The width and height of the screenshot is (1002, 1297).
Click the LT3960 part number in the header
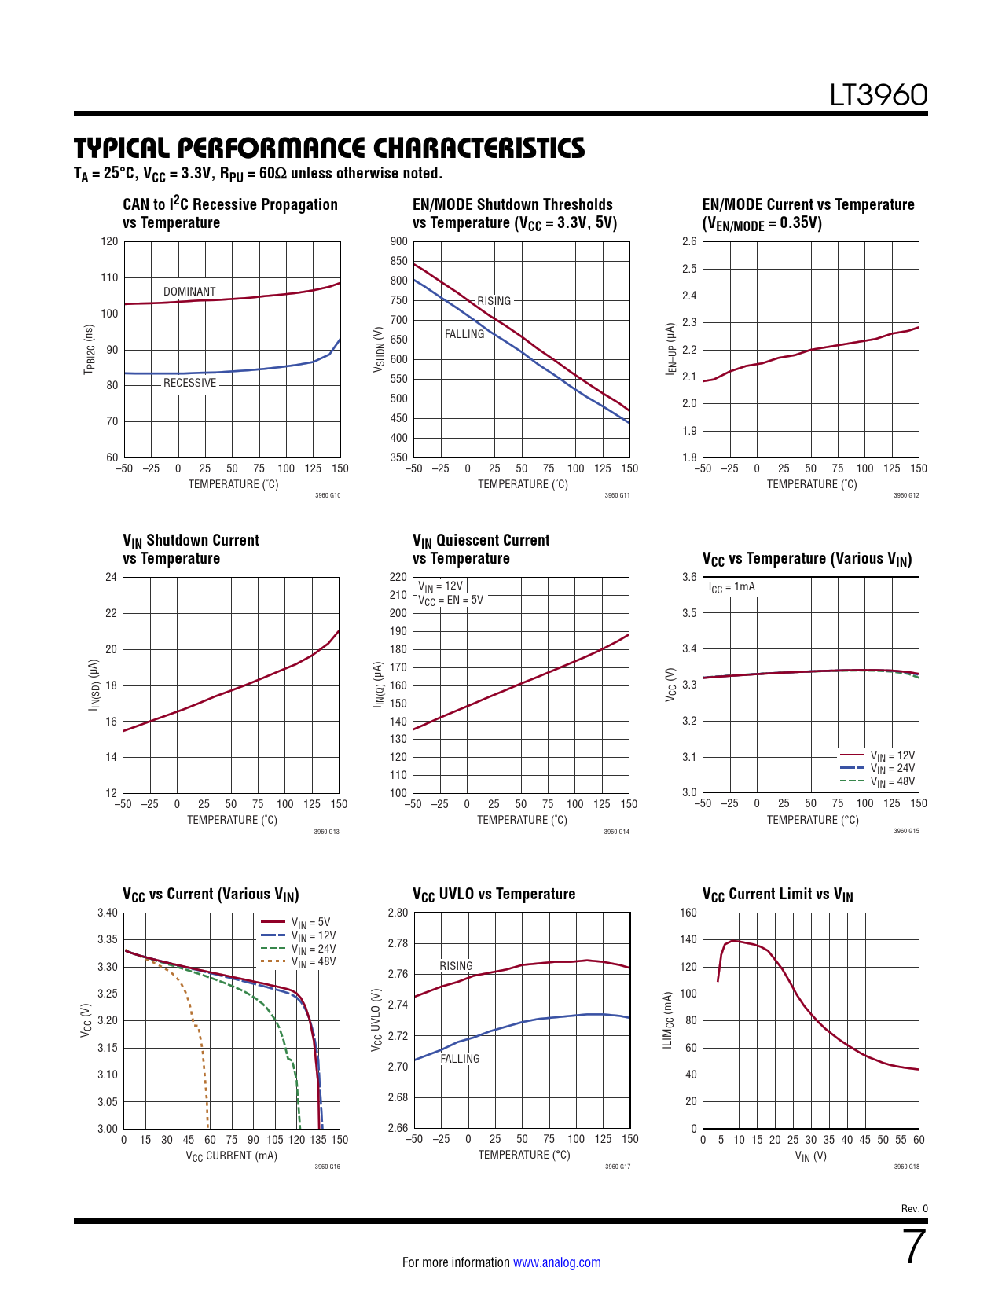coord(879,95)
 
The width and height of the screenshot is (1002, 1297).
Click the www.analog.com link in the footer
coord(556,1262)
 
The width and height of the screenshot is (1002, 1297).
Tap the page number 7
coord(915,1247)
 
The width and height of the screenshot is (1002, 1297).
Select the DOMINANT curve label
coord(189,292)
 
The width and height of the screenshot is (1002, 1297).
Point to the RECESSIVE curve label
coord(189,383)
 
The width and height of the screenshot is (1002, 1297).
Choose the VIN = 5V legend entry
coord(310,922)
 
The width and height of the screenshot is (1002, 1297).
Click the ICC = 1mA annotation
coord(732,587)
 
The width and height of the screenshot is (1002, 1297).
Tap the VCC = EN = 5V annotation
coord(450,601)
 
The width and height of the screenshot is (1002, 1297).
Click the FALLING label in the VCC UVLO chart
coord(460,1059)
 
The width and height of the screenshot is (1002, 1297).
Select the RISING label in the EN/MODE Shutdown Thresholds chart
coord(494,301)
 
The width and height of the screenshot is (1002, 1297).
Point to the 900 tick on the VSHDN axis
coord(398,241)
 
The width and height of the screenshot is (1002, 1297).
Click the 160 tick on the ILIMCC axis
coord(688,913)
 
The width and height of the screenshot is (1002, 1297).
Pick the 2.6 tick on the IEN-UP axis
coord(688,241)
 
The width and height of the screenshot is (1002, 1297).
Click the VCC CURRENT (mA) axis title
coord(231,1156)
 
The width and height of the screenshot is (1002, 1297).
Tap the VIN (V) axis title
coord(810,1156)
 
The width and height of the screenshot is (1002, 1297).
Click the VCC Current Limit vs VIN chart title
coord(777,895)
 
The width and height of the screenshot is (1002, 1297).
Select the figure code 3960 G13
coord(327,831)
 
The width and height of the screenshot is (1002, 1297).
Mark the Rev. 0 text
coord(914,1208)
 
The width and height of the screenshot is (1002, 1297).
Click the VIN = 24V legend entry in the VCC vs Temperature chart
coord(892,769)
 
